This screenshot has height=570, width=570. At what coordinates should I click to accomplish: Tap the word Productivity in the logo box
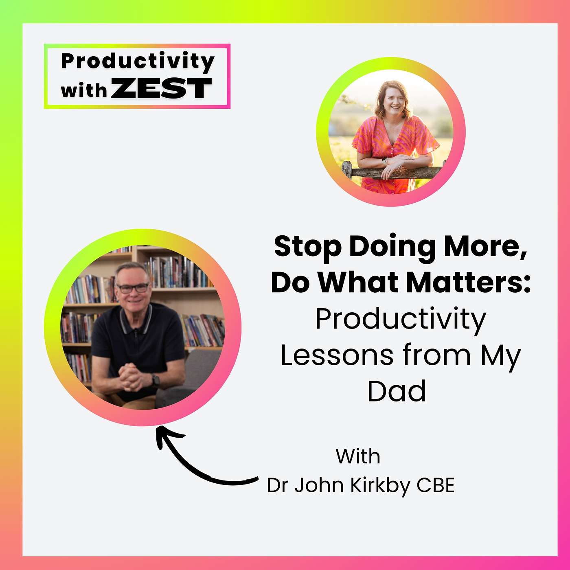click(138, 61)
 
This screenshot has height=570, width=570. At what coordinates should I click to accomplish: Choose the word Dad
click(397, 391)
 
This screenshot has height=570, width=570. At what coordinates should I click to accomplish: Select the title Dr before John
click(277, 485)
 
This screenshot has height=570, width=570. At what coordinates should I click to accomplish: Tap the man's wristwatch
click(156, 380)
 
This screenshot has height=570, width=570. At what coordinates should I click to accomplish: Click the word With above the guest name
click(358, 456)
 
